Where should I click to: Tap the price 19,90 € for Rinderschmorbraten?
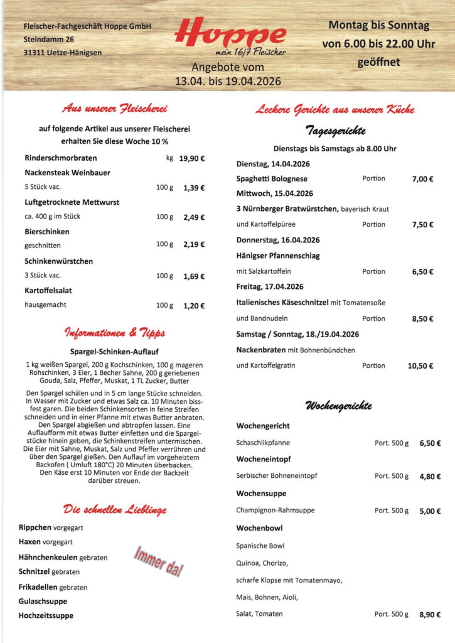tap(191, 158)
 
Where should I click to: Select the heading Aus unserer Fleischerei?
tap(114, 109)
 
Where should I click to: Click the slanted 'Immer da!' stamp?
tap(158, 561)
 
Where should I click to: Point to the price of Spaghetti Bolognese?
tap(422, 179)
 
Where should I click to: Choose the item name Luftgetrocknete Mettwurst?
tap(72, 202)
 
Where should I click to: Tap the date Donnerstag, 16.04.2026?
tap(278, 240)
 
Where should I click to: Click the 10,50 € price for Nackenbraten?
tap(420, 366)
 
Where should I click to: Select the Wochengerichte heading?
tap(338, 406)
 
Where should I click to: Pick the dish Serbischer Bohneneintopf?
tap(276, 476)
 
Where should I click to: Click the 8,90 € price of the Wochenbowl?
tap(430, 615)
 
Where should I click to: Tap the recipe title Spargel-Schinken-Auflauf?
tap(114, 352)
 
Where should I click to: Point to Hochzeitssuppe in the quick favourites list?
tap(46, 616)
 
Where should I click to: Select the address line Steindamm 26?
tap(49, 40)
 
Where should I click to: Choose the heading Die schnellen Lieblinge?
tap(114, 509)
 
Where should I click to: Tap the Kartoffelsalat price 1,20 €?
tap(194, 306)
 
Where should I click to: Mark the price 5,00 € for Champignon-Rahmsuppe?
tap(430, 511)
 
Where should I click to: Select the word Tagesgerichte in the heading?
tap(335, 131)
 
